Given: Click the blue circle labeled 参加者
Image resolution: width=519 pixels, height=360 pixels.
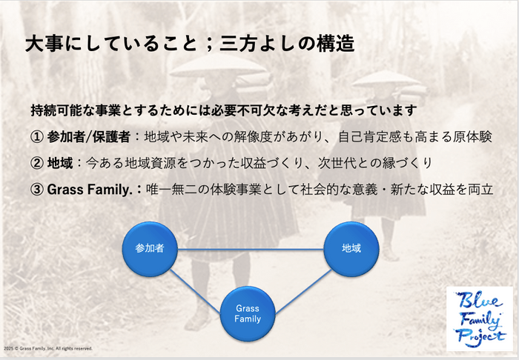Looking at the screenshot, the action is [150, 249].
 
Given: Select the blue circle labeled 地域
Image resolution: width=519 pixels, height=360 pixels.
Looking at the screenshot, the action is [351, 249].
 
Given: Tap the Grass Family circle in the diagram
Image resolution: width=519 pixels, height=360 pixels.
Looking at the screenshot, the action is [248, 314].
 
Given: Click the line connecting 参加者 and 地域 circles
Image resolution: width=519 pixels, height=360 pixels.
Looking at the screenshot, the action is [251, 249].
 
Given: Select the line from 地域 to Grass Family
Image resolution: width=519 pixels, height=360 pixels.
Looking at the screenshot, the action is [303, 292].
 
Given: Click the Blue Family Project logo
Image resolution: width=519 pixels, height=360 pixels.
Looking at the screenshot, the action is [480, 319].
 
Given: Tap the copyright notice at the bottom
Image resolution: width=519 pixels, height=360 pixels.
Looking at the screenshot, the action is [48, 348].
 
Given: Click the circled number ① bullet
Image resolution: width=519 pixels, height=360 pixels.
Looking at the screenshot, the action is [36, 137].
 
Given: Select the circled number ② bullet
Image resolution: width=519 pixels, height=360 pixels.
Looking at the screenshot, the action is [36, 163].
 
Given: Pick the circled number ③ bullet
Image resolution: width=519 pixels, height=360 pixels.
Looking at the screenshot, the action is [36, 190].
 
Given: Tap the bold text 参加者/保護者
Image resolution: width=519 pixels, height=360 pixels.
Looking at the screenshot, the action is [88, 137].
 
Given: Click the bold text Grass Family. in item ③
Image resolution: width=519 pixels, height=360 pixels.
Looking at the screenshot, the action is [90, 190].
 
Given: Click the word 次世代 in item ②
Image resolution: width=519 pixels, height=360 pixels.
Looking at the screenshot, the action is [337, 163].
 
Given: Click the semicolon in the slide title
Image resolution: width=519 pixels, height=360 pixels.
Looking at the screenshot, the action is [208, 44].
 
